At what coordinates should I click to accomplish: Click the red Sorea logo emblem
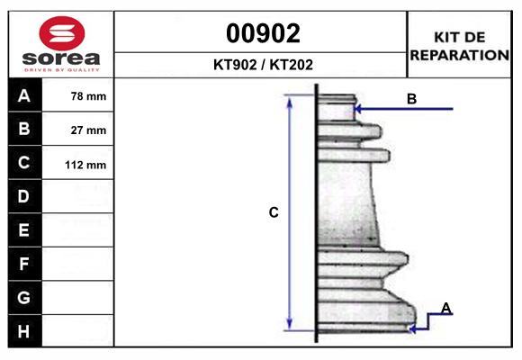[62, 33]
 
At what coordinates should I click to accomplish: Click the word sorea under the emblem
[61, 58]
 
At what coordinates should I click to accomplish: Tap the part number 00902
[263, 33]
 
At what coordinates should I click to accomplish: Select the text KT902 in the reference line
[235, 65]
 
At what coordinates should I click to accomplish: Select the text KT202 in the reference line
[291, 65]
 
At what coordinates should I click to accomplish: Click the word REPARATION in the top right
[460, 55]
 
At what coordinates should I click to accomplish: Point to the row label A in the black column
[24, 96]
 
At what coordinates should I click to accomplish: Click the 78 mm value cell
[77, 95]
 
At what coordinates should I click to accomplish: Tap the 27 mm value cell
[77, 130]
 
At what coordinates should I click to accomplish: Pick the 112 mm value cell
[77, 163]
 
